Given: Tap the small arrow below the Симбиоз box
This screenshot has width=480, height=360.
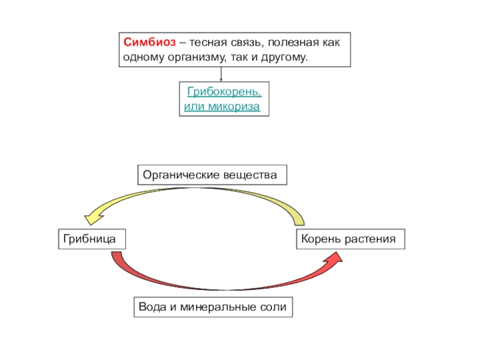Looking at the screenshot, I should coord(221,77).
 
